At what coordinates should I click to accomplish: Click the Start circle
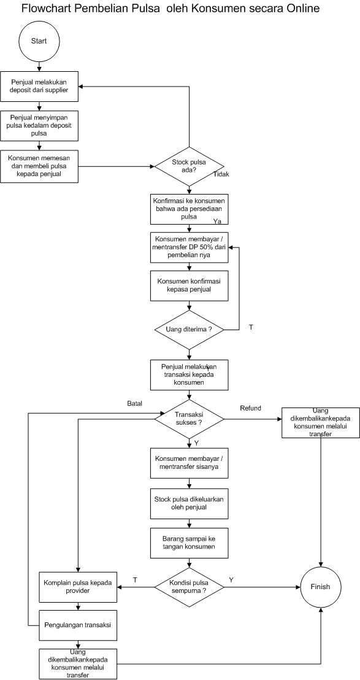point(40,42)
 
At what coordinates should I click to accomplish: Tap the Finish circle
point(320,587)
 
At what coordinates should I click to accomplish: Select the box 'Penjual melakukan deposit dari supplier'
point(39,86)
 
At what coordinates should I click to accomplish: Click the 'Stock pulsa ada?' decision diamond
point(189,166)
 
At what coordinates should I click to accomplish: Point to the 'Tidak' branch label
point(221,174)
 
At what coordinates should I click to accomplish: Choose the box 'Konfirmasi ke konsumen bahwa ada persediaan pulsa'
point(189,209)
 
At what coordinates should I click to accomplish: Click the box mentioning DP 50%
point(189,247)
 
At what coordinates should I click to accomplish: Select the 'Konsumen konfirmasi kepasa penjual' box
point(189,285)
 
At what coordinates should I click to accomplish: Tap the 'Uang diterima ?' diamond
point(189,330)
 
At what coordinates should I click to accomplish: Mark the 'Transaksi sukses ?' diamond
point(189,419)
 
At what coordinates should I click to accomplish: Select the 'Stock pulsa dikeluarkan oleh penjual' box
point(189,503)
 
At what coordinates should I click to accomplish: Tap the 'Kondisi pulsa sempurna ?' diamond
point(189,587)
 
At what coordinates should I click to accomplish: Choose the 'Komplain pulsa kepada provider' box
point(77,587)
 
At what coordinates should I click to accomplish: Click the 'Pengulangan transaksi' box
point(77,625)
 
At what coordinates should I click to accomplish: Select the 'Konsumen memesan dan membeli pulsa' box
point(39,166)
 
